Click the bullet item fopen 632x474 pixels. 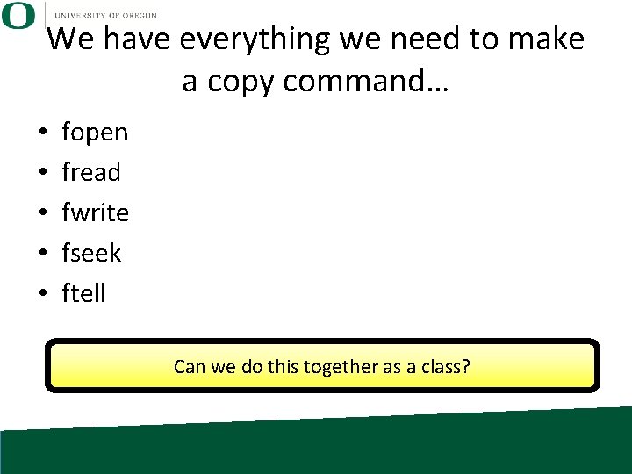point(95,133)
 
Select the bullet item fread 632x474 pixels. point(91,173)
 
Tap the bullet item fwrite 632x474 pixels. point(96,213)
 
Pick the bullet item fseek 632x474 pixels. point(91,254)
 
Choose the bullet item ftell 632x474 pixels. point(84,294)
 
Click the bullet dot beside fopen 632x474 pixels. point(42,133)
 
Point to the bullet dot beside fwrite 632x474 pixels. point(42,214)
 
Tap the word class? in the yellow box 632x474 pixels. point(443,366)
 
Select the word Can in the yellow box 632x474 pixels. point(190,366)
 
